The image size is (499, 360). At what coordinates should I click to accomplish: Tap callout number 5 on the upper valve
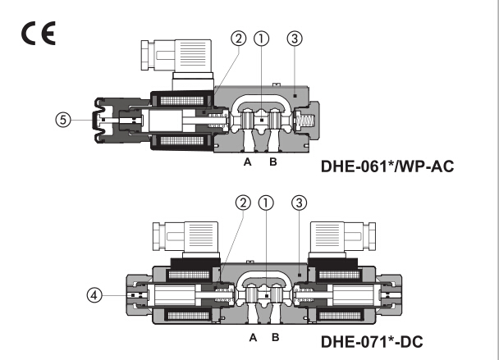coord(62,119)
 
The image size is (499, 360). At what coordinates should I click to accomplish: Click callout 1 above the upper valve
coord(261,38)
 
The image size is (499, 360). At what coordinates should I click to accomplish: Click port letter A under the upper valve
coord(247,162)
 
